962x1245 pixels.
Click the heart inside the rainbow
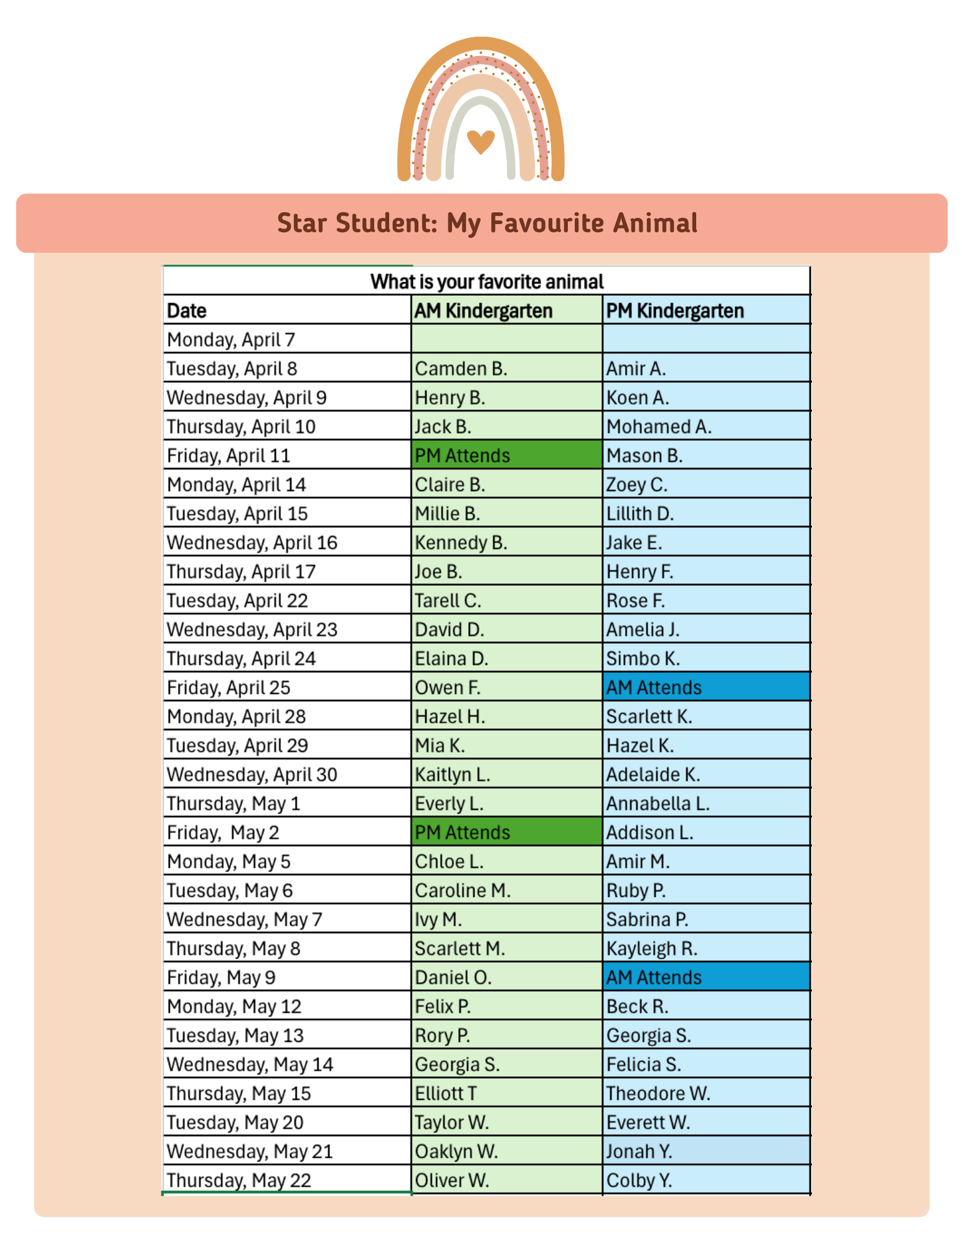[480, 141]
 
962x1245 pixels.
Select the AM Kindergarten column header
[483, 311]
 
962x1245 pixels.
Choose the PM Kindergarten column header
[675, 311]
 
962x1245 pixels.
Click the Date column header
[187, 311]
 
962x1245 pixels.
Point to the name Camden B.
[461, 369]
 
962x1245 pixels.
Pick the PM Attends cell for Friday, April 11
[462, 456]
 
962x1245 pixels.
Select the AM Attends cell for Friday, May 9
[654, 977]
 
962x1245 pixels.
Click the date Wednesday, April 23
[252, 629]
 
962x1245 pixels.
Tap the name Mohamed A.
[659, 426]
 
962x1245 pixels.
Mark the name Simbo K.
[643, 659]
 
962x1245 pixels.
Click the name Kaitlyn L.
[453, 774]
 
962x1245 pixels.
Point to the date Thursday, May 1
[233, 804]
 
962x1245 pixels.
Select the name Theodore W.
[658, 1093]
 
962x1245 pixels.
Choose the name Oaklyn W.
[456, 1151]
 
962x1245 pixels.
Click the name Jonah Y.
[639, 1151]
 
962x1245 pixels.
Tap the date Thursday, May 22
[238, 1180]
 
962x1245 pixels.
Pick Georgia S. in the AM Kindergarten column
[457, 1064]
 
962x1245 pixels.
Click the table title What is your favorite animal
[487, 282]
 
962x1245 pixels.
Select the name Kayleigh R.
[651, 949]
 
